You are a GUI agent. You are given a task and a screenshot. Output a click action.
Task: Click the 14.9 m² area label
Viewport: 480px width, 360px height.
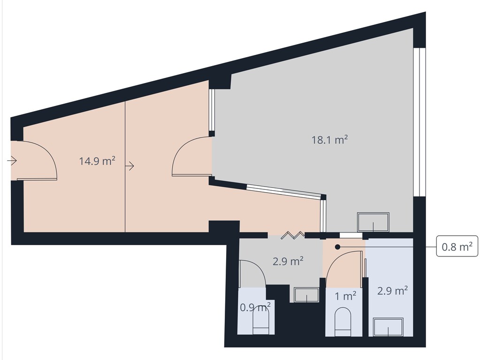(97, 161)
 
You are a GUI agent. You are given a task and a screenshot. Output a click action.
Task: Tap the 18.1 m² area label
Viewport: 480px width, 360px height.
(329, 139)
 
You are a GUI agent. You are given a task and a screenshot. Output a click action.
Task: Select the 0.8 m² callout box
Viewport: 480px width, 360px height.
(457, 246)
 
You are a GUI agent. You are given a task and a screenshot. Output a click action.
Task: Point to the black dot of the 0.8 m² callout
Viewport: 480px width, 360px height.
(337, 246)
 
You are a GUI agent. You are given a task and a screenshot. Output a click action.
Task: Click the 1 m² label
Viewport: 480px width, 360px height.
(345, 296)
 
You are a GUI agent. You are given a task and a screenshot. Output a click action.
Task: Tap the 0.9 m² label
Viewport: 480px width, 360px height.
(255, 307)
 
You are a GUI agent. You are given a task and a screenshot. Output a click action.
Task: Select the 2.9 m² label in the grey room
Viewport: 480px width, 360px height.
(288, 261)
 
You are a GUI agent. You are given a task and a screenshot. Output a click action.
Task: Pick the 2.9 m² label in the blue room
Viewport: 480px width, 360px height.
(392, 291)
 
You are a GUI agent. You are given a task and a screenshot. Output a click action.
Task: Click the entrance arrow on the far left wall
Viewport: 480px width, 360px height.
(12, 161)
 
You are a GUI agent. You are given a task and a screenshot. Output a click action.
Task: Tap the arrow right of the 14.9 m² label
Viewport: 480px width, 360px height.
(130, 165)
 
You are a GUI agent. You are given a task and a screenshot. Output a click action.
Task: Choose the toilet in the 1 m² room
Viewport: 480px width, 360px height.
(343, 321)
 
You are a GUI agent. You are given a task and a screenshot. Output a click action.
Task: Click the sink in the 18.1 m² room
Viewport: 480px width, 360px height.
(373, 222)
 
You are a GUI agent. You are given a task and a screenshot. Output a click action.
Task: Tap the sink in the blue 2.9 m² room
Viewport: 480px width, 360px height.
(388, 327)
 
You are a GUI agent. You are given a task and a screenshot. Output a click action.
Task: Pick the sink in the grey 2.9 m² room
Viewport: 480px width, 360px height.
(306, 295)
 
